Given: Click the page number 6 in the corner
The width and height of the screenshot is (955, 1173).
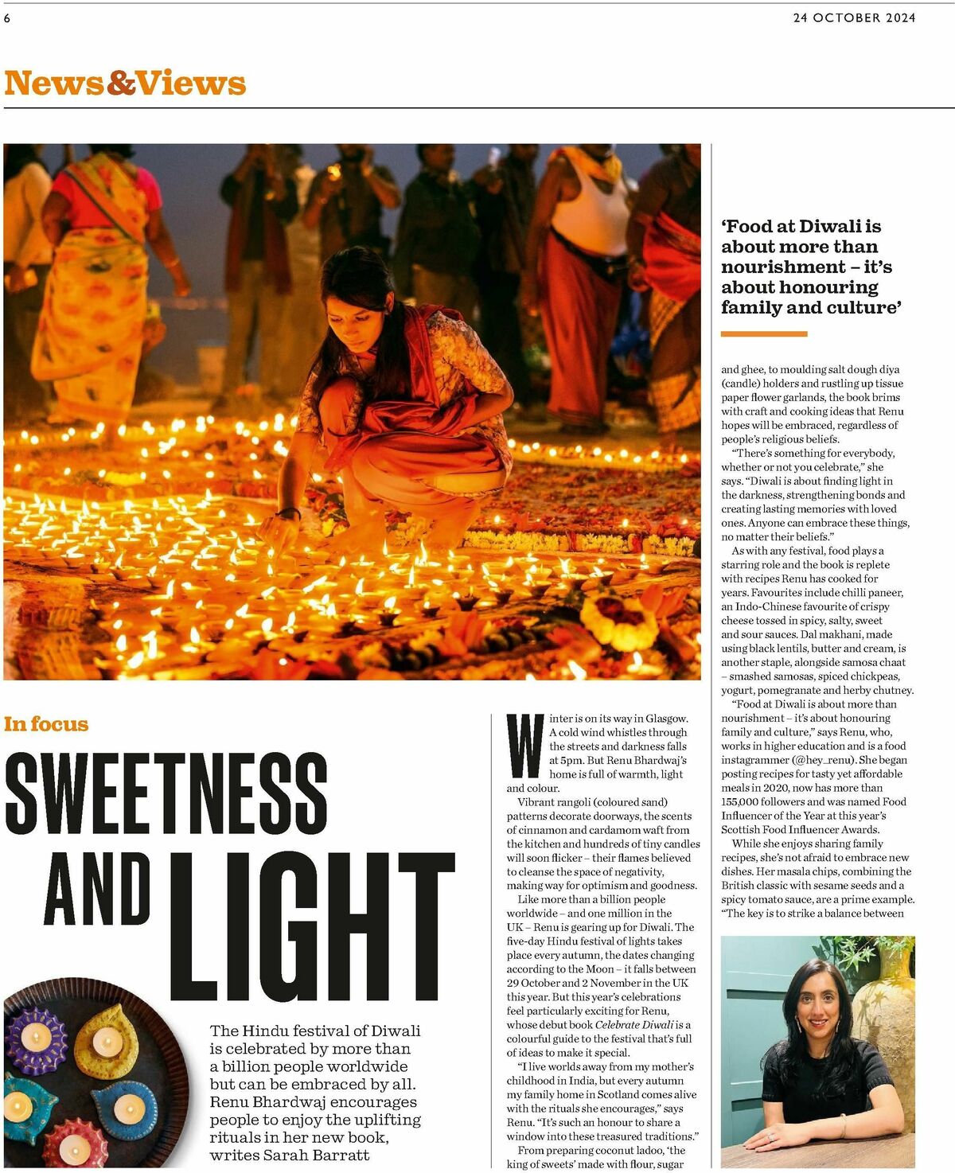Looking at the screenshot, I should (7, 18).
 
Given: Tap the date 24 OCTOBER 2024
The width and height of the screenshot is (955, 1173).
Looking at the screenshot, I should (854, 18).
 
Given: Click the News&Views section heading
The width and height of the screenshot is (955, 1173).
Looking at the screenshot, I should (125, 83).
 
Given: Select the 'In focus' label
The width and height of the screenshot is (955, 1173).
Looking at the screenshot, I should (46, 724).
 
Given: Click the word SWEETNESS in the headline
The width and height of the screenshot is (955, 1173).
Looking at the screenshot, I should (166, 793).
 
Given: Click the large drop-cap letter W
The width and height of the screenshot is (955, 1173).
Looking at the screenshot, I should (525, 746).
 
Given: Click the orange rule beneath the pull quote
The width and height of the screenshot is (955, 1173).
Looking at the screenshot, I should (764, 334).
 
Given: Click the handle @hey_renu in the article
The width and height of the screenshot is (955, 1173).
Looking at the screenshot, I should (822, 760).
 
